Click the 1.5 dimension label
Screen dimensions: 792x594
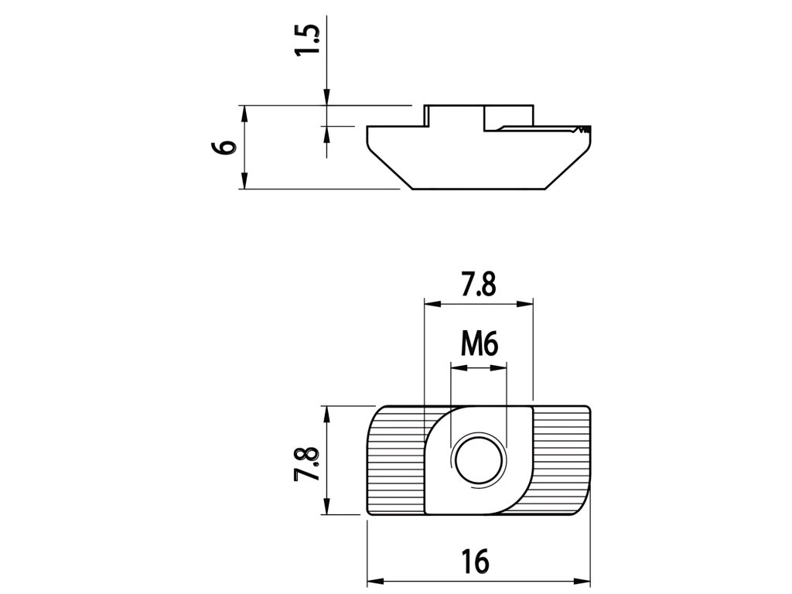(x=308, y=40)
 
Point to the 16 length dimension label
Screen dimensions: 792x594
(x=476, y=561)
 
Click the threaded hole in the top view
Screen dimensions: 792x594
(x=479, y=459)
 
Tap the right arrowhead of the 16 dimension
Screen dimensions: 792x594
(x=582, y=580)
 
